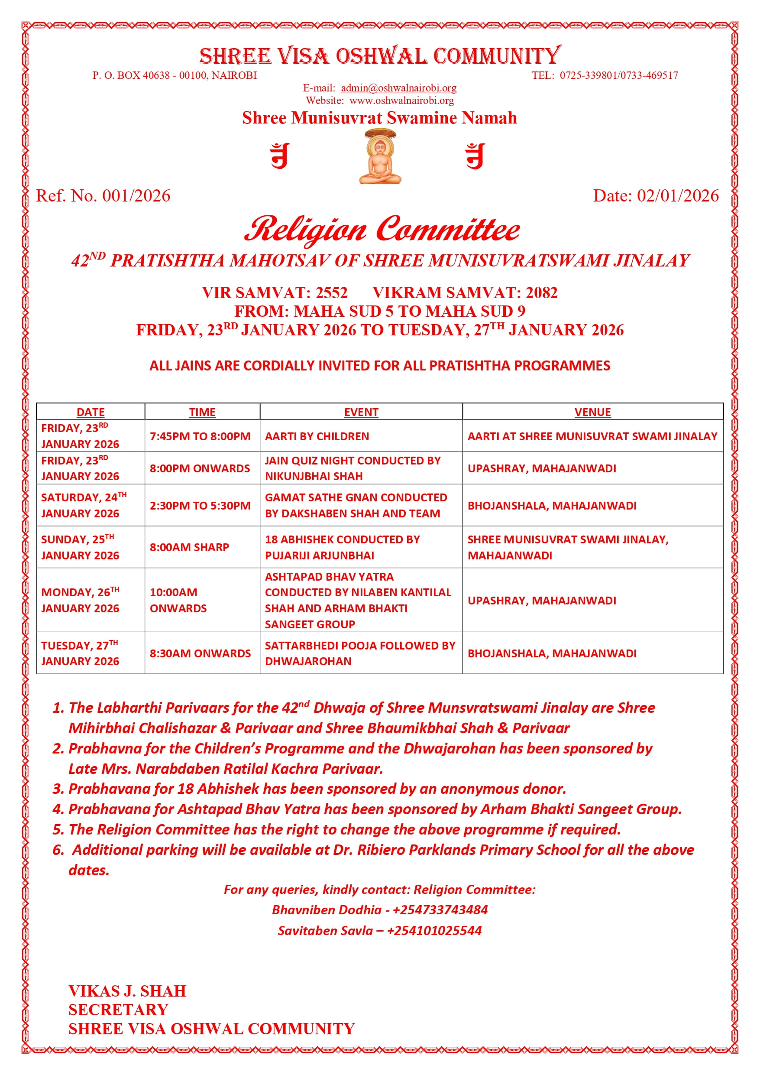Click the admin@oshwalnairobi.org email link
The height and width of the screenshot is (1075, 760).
point(398,88)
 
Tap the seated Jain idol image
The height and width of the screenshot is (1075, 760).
point(380,157)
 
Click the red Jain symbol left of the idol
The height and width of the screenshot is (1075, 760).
point(280,156)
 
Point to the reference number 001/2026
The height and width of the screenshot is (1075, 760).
point(136,196)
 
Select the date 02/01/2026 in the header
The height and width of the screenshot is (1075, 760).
point(677,196)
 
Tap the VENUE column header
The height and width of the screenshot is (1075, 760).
point(592,412)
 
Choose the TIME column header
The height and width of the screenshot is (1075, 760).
point(202,412)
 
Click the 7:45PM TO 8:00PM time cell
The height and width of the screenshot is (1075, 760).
point(200,436)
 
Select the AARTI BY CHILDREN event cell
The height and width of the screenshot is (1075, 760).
point(317,436)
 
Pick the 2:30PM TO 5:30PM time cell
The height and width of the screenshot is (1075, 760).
point(200,506)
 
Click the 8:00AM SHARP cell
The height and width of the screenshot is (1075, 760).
point(189,547)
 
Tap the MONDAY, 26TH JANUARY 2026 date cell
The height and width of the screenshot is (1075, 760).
point(81,600)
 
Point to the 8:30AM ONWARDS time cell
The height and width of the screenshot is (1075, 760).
point(200,653)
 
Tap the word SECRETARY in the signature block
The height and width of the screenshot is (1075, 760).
point(118,1010)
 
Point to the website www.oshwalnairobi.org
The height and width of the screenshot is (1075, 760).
point(401,101)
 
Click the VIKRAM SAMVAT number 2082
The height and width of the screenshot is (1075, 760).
point(541,292)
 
